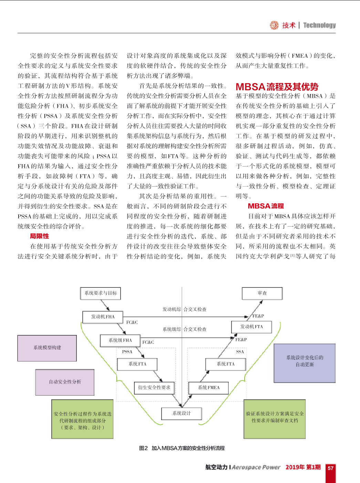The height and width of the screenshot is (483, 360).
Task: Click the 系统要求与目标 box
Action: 101,293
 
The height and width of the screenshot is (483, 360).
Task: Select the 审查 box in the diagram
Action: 262,293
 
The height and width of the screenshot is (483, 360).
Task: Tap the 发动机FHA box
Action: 103,317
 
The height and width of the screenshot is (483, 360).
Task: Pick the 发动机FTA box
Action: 251,327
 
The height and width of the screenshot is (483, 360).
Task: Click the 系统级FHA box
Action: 120,340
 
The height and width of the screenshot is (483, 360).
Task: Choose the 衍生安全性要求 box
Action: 154,388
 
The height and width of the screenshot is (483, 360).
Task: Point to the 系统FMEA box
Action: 208,388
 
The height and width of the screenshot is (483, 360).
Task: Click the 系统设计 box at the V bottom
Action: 182,413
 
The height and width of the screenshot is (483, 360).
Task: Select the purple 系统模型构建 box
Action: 47,348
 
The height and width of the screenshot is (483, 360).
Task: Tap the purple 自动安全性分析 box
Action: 65,382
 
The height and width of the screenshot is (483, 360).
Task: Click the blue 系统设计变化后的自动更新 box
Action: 305,363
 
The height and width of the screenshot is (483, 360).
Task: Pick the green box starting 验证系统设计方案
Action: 275,419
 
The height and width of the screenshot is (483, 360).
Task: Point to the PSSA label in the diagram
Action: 127,352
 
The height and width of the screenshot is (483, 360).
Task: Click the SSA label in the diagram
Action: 240,352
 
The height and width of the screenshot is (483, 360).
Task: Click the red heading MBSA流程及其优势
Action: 277,87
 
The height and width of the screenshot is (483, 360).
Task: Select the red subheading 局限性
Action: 39,236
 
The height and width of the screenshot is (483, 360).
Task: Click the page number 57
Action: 331,469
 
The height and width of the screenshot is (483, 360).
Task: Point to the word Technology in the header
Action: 319,25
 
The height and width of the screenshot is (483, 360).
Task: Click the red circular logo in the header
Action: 274,25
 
